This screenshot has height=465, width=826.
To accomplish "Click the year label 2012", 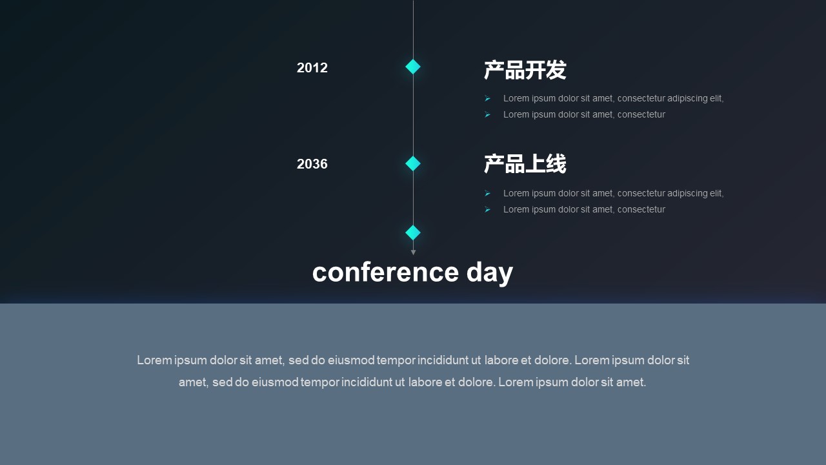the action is pos(312,68).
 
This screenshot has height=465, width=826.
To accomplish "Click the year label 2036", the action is pos(312,164).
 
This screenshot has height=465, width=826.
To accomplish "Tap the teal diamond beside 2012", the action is pos(413,67).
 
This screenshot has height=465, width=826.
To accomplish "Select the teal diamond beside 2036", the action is pos(413,163).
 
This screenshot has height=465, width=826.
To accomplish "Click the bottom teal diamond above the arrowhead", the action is pos(413,232).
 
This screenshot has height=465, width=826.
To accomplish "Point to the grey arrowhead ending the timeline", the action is pos(414,253).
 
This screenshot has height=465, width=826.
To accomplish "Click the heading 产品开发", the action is pos(525,70).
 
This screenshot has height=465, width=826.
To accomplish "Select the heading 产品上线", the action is pos(525,164).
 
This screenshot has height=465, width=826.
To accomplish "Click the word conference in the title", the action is pos(385,273).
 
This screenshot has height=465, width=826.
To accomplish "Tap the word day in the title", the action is pos(490,273).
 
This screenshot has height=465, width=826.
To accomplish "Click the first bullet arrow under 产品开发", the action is pos(487,99).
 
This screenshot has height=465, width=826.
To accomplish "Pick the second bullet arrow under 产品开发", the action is pos(487,115).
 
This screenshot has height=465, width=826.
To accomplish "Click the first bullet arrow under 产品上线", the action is pos(487,193).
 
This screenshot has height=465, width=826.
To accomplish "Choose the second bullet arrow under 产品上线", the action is pos(487,210).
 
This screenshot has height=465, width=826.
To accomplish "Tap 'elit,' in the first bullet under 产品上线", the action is pos(717,193).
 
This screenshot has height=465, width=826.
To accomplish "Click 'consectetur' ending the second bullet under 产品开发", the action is pos(641,115).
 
